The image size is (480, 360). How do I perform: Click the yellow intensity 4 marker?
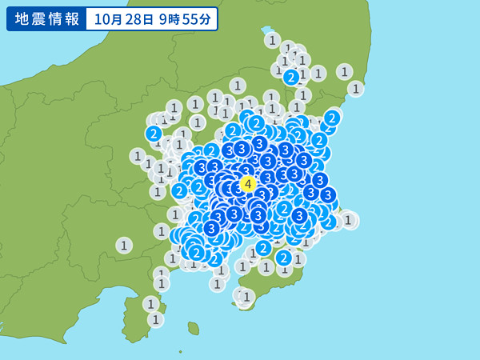pos(248,184)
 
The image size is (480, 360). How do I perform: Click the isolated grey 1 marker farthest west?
pos(123,245)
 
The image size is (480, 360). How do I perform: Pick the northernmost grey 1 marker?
pos(273,40)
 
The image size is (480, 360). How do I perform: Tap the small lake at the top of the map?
pos(267,30)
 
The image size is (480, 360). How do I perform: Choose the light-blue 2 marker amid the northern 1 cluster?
pos(291,77)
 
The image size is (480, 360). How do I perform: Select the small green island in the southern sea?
pos(193,328)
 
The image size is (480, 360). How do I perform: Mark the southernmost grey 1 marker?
pos(155,319)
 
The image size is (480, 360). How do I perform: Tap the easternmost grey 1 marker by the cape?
pos(348,220)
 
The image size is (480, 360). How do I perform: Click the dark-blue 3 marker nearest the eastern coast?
pos(327,194)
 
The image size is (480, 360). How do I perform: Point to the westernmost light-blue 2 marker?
pos(154,134)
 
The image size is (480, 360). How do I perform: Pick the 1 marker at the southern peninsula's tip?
pos(246,298)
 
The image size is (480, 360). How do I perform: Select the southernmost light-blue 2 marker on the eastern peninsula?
pos(284,258)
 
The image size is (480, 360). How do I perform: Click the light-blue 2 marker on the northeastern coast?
pos(332,118)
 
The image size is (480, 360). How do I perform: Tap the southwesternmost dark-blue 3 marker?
pos(211,228)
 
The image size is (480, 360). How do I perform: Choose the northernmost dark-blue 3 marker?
pos(259,143)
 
